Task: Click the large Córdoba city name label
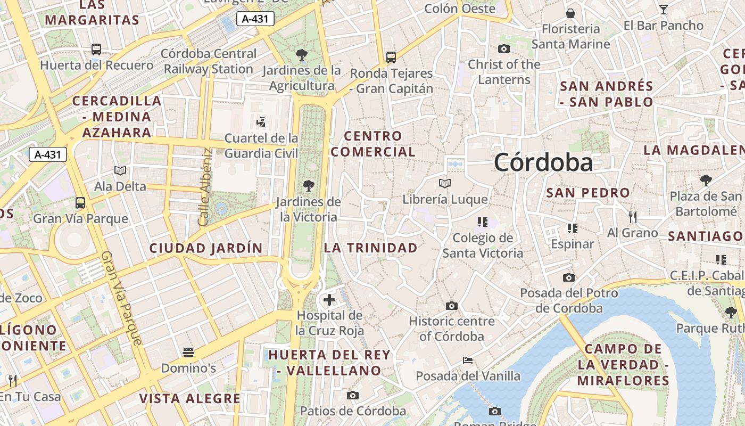pos(543,162)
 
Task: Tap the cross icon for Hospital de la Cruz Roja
pos(329,299)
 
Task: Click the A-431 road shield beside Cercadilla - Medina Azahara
pos(48,154)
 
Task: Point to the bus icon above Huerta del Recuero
pos(96,50)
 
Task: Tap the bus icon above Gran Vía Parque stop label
pos(80,203)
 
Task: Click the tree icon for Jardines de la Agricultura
pos(302,54)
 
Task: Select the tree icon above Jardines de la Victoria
pos(308,186)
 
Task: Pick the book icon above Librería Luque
pos(445,184)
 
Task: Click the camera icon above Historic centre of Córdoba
pos(452,306)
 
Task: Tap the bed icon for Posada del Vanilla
pos(468,361)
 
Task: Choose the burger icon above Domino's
pos(188,352)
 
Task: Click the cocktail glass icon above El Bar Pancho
pos(663,10)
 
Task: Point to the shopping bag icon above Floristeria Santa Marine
pos(570,13)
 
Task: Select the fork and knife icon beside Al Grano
pos(633,217)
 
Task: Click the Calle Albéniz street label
pos(205,186)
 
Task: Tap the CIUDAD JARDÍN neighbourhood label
pos(206,248)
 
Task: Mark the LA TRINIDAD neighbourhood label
pos(371,248)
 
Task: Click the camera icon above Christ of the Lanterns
pos(504,49)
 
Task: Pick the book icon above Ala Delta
pos(120,170)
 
